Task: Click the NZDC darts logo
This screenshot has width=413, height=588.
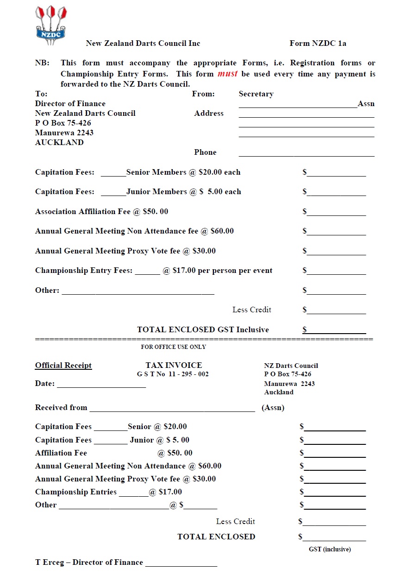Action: point(51,25)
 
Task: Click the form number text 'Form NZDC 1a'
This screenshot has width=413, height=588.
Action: point(318,44)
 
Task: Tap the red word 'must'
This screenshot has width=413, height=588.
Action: point(227,74)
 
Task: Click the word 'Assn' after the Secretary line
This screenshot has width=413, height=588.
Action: point(366,104)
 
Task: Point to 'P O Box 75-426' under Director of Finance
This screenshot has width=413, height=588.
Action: point(63,123)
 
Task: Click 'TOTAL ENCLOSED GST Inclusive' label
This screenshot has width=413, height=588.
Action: point(203,330)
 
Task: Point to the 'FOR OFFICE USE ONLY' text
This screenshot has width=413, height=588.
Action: point(173,347)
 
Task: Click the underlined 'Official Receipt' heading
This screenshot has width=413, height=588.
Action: point(63,366)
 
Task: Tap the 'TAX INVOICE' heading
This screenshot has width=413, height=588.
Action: point(174,365)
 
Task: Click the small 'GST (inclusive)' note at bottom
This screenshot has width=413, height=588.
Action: point(330,550)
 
